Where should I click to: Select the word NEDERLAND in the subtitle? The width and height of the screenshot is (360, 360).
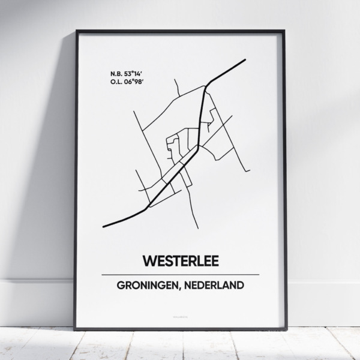(215, 285)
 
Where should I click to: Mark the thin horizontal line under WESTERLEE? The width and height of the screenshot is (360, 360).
(180, 275)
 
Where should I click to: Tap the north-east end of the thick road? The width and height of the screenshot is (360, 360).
(246, 59)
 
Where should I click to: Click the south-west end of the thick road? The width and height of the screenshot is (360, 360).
(104, 227)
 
